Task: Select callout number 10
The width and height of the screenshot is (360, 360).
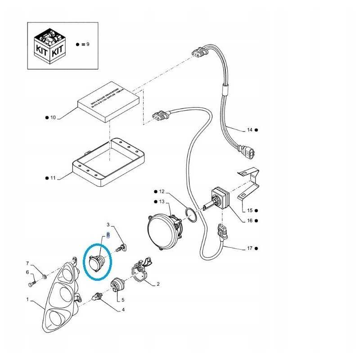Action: pyautogui.click(x=53, y=117)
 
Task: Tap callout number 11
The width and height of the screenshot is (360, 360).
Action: pyautogui.click(x=53, y=178)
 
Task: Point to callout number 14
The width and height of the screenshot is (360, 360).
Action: pyautogui.click(x=249, y=130)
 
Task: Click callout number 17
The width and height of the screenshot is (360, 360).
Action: pyautogui.click(x=250, y=248)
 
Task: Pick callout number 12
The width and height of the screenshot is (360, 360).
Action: pyautogui.click(x=162, y=191)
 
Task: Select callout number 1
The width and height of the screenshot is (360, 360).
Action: pyautogui.click(x=27, y=299)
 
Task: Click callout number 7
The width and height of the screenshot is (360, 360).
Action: pyautogui.click(x=27, y=263)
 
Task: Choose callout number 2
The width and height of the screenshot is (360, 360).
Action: pyautogui.click(x=158, y=284)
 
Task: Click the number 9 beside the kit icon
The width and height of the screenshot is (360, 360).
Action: pyautogui.click(x=88, y=44)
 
